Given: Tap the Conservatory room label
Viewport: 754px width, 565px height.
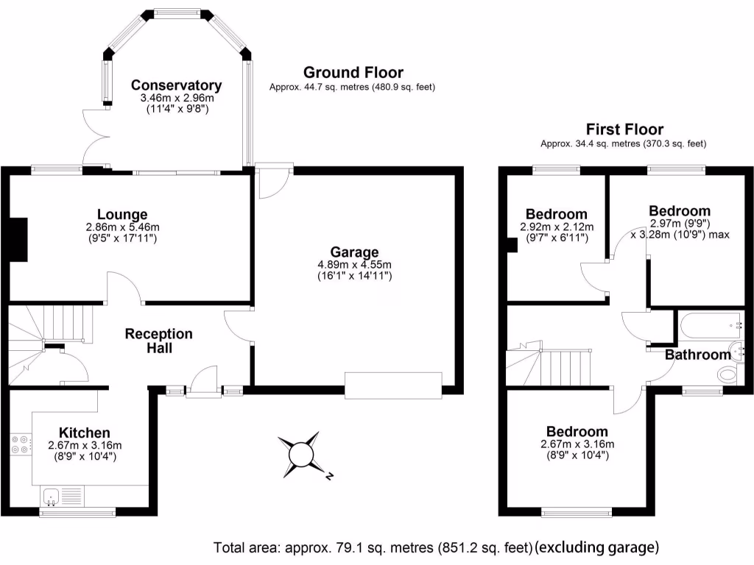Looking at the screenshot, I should point(176,85).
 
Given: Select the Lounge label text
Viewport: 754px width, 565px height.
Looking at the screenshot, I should point(122,215).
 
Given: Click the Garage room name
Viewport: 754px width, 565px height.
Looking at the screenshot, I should point(354,252).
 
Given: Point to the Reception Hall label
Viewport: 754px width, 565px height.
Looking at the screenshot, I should point(158,341).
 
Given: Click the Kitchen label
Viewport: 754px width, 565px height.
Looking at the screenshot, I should point(85,433).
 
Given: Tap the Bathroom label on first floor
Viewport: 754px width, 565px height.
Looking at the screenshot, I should point(697,355).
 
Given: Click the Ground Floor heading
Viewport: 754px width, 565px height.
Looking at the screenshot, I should point(353,72).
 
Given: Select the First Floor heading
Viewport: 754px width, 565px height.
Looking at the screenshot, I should point(624,129).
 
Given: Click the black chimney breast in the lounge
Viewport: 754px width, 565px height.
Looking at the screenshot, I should point(18,239).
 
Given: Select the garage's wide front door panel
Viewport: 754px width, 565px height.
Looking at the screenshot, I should point(393,385).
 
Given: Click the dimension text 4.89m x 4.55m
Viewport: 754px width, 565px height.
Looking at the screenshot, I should point(354,265).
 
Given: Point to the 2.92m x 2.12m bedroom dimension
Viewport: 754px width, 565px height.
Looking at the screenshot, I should point(556,227).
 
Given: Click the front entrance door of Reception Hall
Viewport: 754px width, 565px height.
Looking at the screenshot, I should point(202,384).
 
